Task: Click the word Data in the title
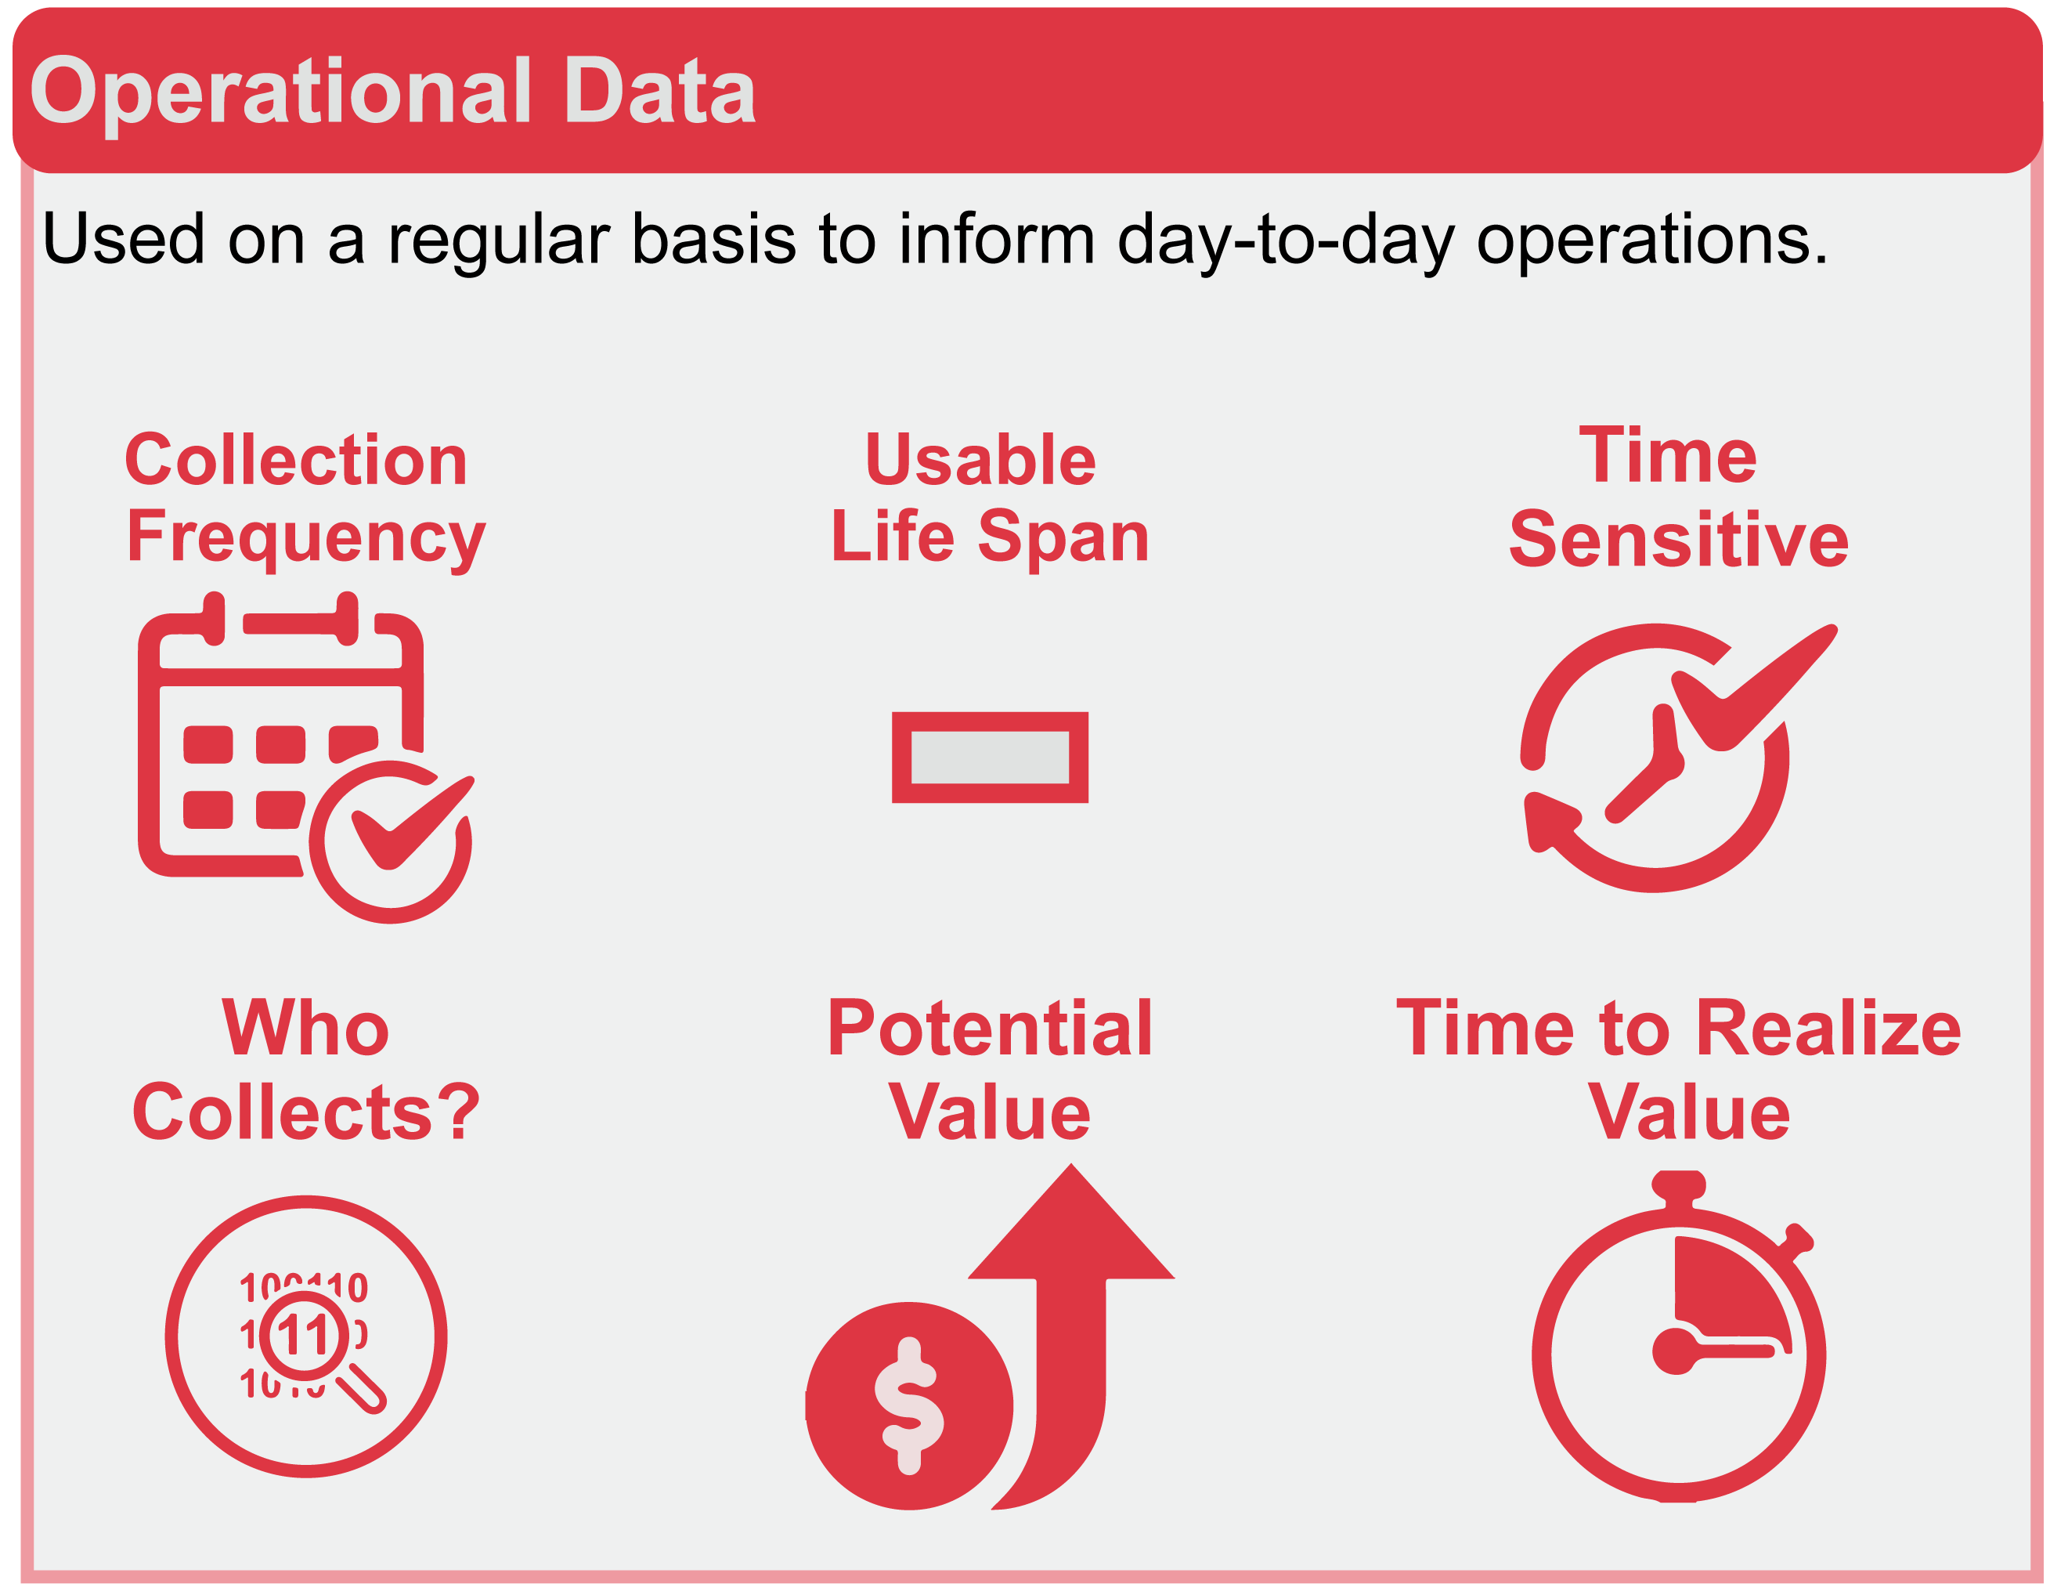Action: (660, 91)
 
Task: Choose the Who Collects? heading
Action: (306, 1069)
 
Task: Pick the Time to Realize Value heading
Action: (1678, 1069)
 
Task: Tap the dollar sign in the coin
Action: (908, 1405)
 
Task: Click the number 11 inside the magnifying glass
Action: (302, 1334)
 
